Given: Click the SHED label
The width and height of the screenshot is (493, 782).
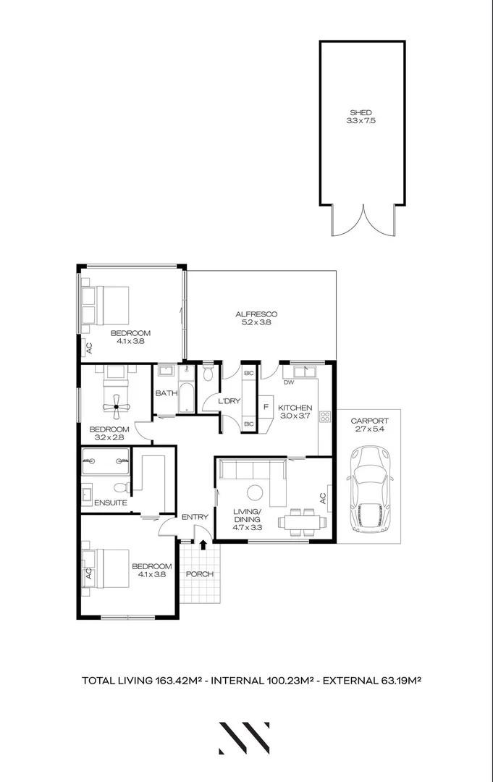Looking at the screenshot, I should coord(361,112).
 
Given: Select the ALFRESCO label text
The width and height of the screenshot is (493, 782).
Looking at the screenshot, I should coord(256,314).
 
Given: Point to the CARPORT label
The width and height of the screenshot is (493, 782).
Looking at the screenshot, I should coord(369,421).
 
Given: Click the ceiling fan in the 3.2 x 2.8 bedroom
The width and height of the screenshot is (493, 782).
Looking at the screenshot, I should coord(115,408).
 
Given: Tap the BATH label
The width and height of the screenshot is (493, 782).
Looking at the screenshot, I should coord(165,393).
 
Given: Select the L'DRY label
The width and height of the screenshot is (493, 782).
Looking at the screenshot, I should coord(219,400).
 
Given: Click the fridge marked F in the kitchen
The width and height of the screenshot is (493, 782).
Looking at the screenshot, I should coord(266,407).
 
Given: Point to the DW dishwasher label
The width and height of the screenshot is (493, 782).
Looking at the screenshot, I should coord(288,382).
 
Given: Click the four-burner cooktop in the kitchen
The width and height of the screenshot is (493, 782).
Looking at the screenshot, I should coord(325,416).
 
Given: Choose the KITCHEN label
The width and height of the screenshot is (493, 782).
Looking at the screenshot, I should coord(295,408).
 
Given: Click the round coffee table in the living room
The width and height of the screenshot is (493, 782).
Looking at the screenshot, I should coord(255,492).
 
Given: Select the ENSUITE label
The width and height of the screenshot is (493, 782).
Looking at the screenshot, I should coord(111,503).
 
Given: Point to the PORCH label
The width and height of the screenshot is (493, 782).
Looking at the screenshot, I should coord(199,574).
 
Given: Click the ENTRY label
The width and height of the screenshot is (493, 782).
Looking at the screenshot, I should coord(195,516).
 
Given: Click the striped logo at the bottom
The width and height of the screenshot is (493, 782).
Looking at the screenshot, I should coord(245,738).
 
